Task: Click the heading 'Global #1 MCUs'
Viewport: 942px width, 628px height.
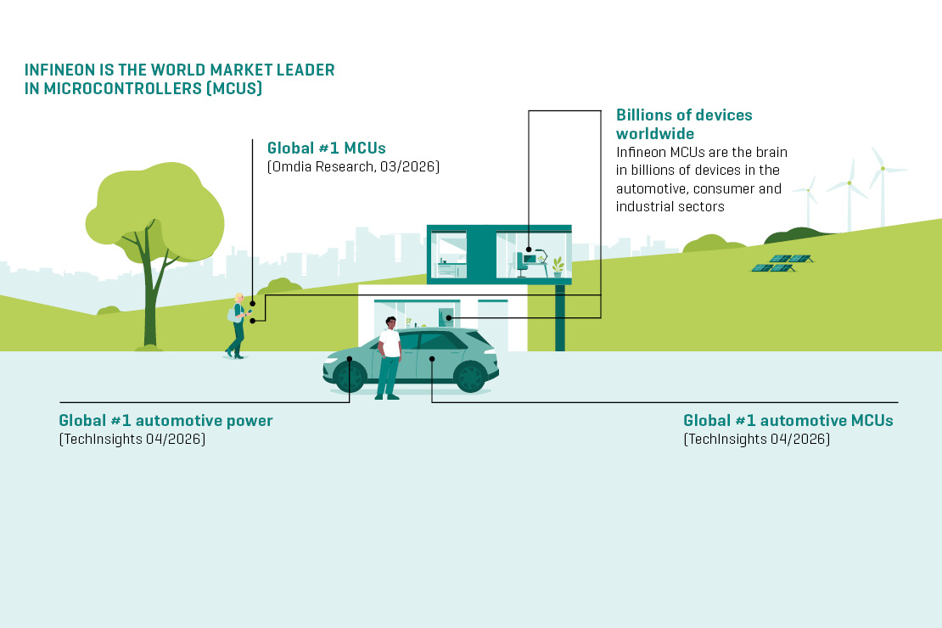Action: (326, 148)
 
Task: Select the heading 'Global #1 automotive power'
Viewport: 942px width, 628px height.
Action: (165, 420)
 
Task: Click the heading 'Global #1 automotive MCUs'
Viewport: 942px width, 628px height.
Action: (788, 420)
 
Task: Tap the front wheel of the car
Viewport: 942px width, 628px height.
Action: (350, 377)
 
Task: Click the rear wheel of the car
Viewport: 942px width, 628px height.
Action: (470, 377)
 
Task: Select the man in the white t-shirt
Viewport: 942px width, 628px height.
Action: (389, 358)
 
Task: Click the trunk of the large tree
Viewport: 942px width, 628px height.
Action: (149, 300)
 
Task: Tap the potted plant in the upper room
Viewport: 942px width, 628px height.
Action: (558, 266)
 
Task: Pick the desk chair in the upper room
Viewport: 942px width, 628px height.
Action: (521, 265)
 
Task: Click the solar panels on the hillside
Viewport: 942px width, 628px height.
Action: (782, 263)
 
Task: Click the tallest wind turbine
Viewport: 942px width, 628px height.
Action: (883, 187)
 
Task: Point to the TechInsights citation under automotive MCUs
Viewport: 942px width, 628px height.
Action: (757, 440)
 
